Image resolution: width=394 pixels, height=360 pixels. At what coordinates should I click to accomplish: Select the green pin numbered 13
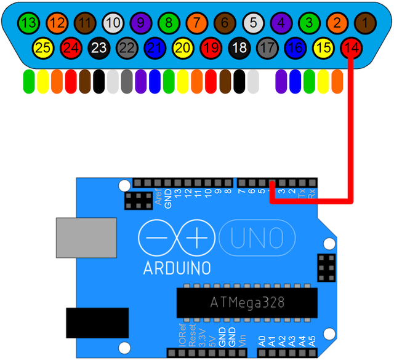(x=28, y=24)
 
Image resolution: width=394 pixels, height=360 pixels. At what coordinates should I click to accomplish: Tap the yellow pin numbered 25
(x=42, y=47)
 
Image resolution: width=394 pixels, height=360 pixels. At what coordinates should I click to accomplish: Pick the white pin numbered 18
(x=238, y=47)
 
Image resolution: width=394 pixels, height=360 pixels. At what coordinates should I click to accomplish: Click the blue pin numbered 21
(x=156, y=47)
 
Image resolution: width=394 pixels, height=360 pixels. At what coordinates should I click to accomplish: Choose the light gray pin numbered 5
(x=252, y=24)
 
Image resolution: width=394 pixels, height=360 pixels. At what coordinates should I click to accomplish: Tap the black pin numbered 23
(x=98, y=47)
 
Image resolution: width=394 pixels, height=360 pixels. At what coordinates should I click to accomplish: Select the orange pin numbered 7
(x=196, y=24)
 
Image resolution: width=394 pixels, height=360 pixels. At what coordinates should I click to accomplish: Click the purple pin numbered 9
(x=140, y=24)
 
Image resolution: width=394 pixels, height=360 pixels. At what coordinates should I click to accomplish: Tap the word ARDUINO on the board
(x=177, y=268)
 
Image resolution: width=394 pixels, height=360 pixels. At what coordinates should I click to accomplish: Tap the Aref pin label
(x=158, y=198)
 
